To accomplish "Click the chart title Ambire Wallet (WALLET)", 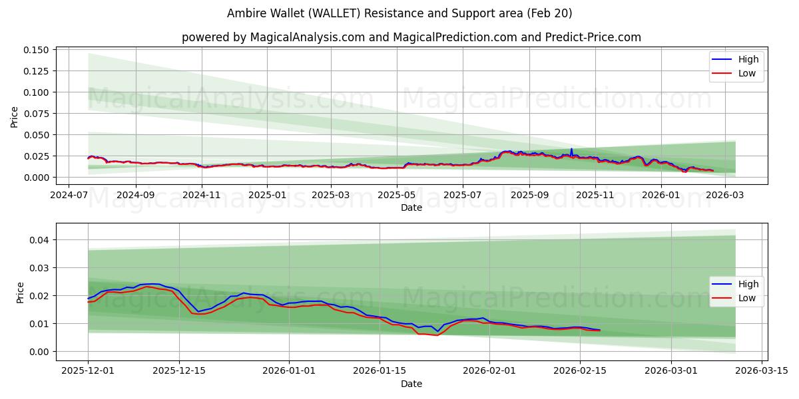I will [x=400, y=13].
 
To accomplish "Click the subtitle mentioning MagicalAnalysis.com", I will [x=411, y=37].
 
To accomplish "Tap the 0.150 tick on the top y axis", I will [x=37, y=50].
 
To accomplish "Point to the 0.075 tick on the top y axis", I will [x=37, y=114].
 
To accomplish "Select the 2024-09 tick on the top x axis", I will [x=135, y=196].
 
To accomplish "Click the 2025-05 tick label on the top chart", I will [x=398, y=196].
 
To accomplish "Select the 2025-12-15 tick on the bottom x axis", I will [x=179, y=371].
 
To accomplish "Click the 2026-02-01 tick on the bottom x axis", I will [x=489, y=371].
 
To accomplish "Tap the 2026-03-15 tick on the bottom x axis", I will [x=760, y=371].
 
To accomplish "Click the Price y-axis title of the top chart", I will [x=15, y=117].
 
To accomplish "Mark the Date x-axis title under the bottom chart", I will [x=411, y=384].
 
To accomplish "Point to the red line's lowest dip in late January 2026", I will [x=436, y=335].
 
